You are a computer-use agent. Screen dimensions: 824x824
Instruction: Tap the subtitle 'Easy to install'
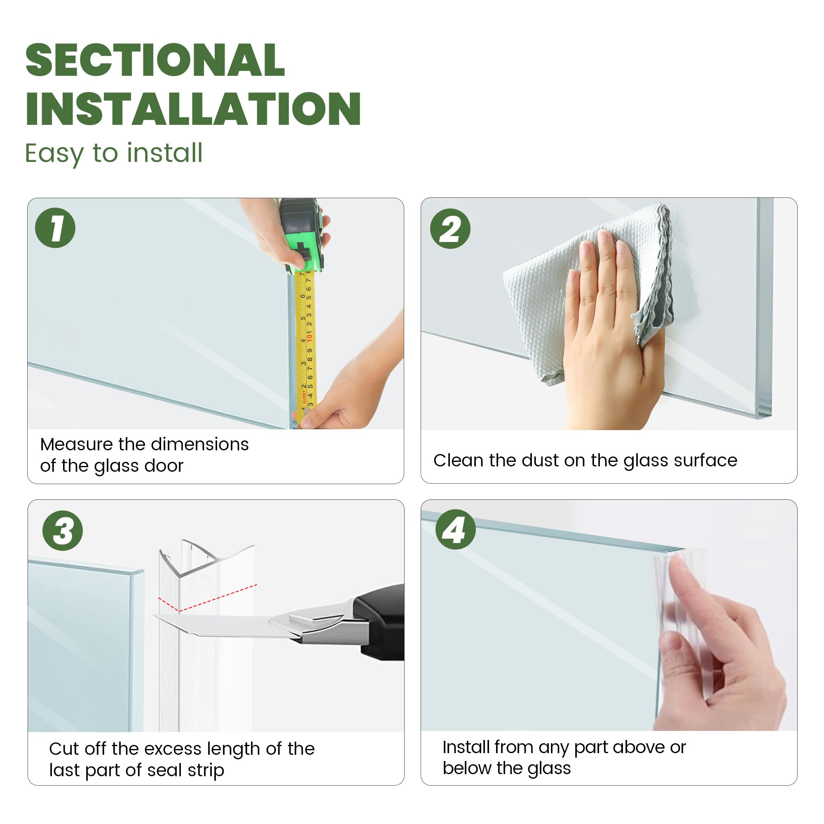coord(113,154)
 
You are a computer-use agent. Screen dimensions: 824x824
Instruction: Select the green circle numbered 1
coord(56,228)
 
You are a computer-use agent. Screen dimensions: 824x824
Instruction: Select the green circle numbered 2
coord(450,229)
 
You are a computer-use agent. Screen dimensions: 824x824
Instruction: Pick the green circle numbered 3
coord(63,531)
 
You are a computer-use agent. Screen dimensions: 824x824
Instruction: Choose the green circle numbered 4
coord(456,529)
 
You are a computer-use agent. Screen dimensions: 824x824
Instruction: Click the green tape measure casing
coord(302,235)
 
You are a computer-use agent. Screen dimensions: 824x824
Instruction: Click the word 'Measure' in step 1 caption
coord(77,445)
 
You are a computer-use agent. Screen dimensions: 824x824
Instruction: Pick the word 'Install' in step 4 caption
coord(466,747)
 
